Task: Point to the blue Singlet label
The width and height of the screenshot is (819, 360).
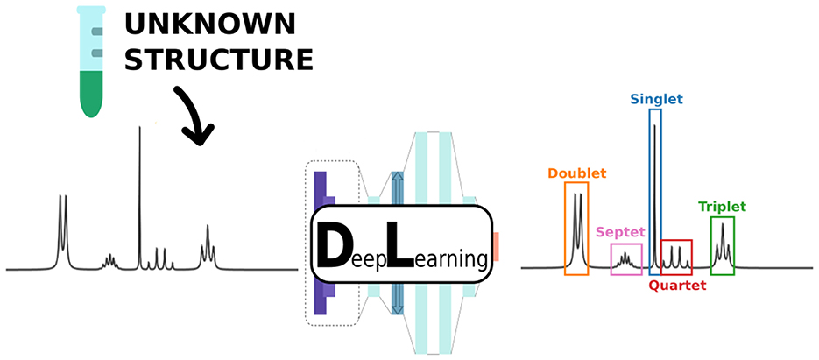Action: (655, 100)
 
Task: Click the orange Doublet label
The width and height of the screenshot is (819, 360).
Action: (576, 173)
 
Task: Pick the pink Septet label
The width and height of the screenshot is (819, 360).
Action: (620, 232)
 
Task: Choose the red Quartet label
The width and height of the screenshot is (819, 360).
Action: (677, 285)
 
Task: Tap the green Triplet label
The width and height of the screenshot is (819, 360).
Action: (722, 207)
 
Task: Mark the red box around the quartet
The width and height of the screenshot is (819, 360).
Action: (676, 258)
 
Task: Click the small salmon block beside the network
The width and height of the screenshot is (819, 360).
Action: (497, 246)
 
